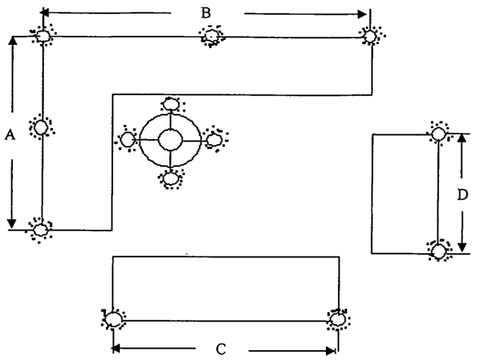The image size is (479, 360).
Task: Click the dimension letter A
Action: pos(10,134)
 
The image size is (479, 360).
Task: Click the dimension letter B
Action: pos(206,13)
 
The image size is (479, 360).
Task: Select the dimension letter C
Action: pos(221,349)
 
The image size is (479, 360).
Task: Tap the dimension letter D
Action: pos(463,195)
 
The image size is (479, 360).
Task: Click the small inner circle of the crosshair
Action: pos(170,140)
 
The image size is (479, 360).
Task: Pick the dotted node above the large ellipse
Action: pos(171,104)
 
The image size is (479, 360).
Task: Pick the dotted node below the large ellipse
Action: pos(170,179)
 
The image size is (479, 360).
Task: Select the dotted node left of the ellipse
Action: pos(128,140)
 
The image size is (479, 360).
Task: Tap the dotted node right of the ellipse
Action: pos(214,140)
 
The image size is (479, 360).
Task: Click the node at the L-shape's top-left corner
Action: pos(42,36)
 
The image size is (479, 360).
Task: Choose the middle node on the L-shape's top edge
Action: pos(211,36)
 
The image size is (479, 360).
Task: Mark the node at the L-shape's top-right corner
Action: pos(371,36)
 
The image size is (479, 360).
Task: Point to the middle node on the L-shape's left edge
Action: pos(41,127)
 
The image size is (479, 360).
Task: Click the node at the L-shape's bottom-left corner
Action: pos(41,230)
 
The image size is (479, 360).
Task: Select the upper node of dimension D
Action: pos(439,134)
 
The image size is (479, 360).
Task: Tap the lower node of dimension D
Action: pos(439,252)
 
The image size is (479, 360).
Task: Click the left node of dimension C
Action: pos(114,319)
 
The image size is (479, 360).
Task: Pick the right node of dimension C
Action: pos(338,320)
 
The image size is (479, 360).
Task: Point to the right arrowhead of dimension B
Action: pos(363,14)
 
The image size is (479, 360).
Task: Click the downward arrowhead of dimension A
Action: pos(11,223)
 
